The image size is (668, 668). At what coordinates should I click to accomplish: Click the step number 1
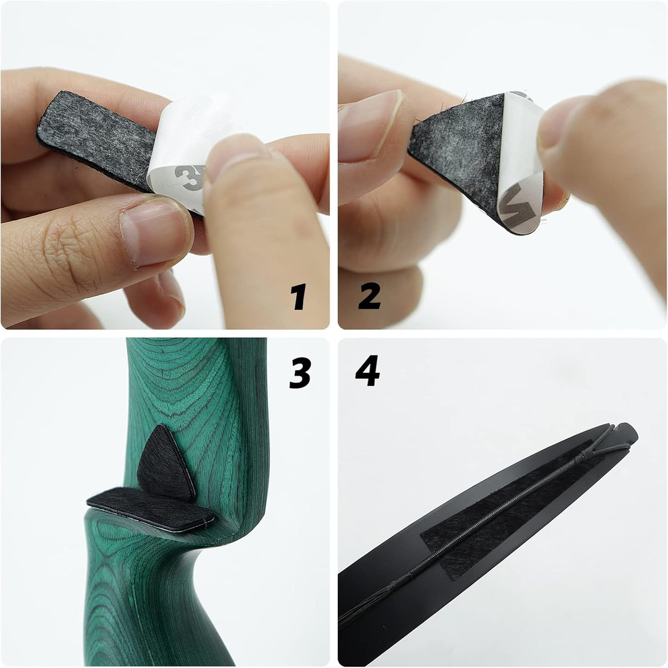tap(298, 297)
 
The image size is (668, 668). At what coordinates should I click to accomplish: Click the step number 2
tap(369, 297)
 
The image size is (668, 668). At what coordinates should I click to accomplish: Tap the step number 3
tap(300, 373)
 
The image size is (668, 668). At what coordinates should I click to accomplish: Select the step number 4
tap(367, 373)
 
